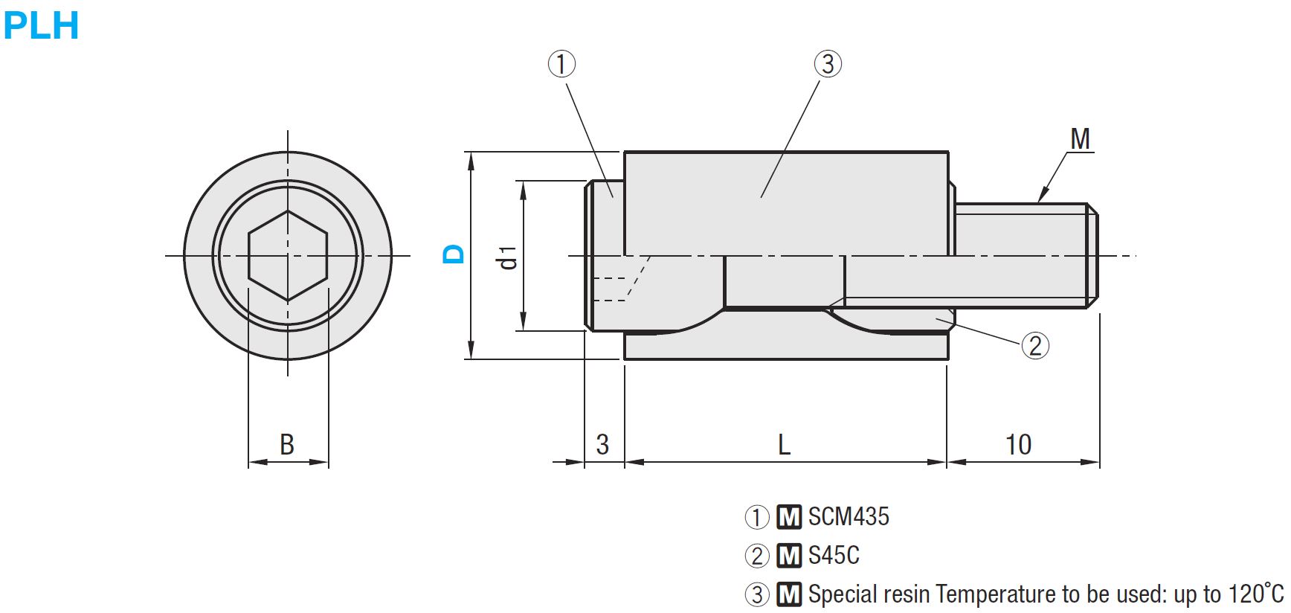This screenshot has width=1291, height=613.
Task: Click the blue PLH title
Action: (x=41, y=25)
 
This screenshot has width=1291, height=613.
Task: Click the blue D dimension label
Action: (x=453, y=254)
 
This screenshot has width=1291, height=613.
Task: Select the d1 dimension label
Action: (x=508, y=257)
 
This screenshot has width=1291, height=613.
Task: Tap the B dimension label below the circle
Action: (x=287, y=444)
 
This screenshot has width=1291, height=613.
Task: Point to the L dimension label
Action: (x=784, y=445)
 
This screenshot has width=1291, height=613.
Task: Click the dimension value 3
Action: (x=602, y=445)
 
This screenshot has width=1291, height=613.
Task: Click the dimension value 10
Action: (x=1018, y=445)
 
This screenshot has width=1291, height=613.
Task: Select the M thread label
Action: (x=1080, y=139)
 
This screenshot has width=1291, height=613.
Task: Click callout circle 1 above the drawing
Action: (x=561, y=64)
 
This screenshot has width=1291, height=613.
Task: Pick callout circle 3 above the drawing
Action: (x=828, y=64)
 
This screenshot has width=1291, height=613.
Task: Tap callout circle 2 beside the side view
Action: (x=1035, y=345)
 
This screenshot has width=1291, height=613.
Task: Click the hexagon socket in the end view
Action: (x=288, y=256)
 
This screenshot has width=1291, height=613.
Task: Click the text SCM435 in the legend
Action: (x=849, y=516)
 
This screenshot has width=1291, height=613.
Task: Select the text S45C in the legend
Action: (x=834, y=555)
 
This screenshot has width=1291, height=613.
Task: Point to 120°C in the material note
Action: (x=1256, y=594)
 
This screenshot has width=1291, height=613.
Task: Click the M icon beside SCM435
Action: (x=789, y=516)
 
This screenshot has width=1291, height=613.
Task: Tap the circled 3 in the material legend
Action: (x=757, y=594)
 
